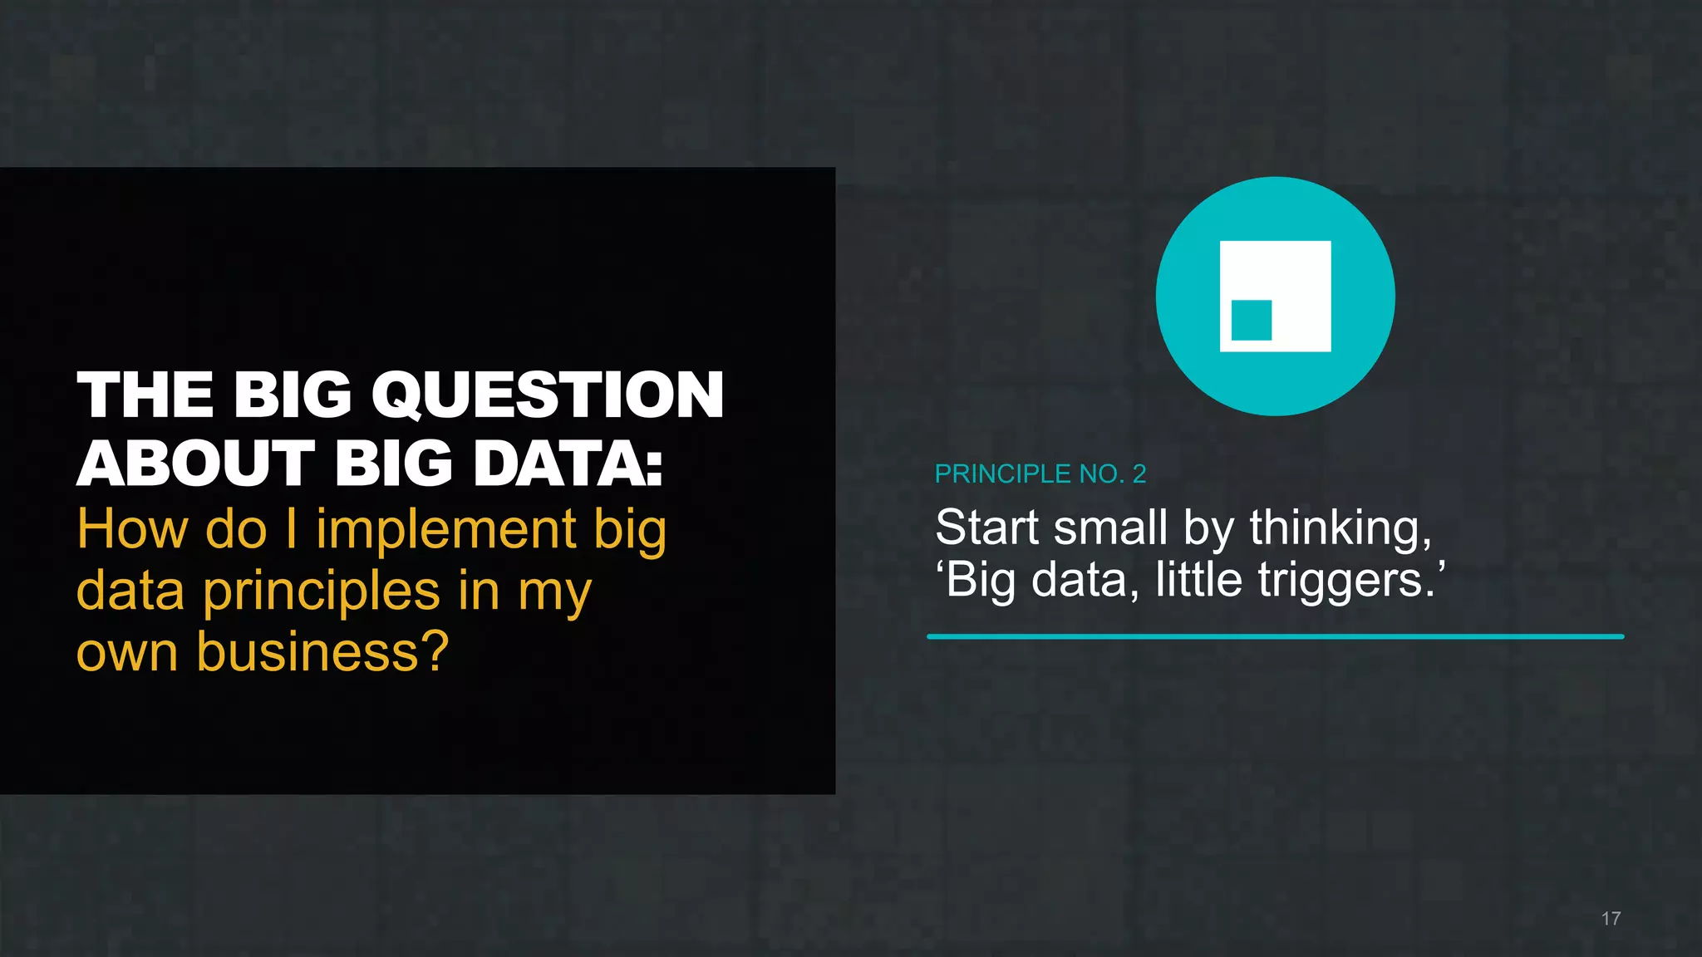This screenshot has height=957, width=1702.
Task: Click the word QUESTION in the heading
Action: [x=548, y=395]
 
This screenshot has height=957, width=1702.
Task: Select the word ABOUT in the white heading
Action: [x=196, y=464]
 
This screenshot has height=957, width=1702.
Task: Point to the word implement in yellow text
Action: [x=446, y=530]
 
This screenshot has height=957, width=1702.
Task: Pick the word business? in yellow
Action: [x=322, y=652]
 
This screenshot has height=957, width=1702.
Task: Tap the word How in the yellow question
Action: [x=132, y=529]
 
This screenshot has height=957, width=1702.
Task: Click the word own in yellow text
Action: [x=126, y=654]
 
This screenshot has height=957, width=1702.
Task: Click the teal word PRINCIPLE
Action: [x=1003, y=474]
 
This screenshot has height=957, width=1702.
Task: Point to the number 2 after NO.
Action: [x=1139, y=474]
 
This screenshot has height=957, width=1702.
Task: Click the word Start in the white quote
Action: [x=987, y=528]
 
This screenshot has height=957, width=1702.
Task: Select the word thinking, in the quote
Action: [x=1340, y=529]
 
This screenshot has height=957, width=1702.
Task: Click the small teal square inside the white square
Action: [x=1251, y=320]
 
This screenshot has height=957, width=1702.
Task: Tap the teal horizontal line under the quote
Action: [x=1275, y=636]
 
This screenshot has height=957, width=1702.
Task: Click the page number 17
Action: [x=1611, y=919]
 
